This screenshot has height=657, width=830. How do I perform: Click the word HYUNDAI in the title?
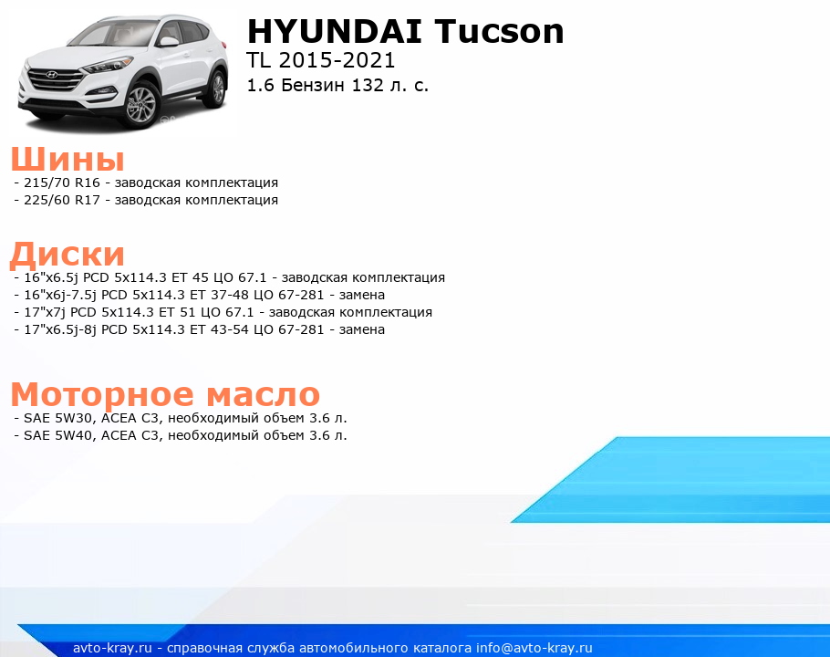[x=334, y=31]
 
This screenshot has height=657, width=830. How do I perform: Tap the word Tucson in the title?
[x=499, y=31]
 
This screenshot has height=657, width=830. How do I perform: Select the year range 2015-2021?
[x=337, y=61]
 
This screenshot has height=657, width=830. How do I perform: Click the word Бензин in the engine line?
[x=313, y=85]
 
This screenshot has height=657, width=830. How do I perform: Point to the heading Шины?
[x=67, y=159]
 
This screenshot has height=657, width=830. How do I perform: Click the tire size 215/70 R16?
[x=62, y=182]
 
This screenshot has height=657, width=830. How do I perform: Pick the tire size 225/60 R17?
[x=62, y=200]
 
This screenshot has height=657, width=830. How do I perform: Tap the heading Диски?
[x=67, y=254]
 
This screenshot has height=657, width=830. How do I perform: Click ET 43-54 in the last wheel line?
[x=219, y=329]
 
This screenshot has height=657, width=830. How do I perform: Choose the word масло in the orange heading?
[x=263, y=394]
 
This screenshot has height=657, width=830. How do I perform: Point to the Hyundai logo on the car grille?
[x=51, y=75]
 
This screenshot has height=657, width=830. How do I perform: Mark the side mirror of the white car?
[x=170, y=41]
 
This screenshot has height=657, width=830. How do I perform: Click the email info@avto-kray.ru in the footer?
[x=534, y=648]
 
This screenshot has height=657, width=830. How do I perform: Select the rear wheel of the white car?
[x=218, y=89]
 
